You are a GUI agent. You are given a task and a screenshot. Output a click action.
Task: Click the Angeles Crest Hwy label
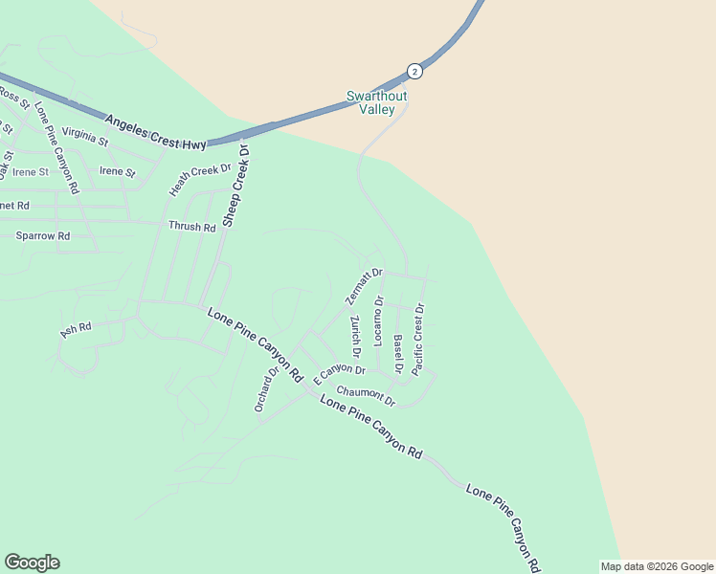(155, 132)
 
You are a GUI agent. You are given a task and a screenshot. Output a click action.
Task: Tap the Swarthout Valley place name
(376, 103)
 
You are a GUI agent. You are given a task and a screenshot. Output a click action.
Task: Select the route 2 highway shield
(414, 71)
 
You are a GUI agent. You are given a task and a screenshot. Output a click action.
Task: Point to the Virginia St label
(85, 137)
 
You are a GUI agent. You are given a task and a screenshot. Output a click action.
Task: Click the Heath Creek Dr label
(201, 180)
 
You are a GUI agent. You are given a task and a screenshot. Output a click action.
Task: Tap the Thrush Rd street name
(192, 227)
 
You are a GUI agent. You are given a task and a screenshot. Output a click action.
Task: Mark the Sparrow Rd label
(43, 235)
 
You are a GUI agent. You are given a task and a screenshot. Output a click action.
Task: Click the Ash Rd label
(76, 330)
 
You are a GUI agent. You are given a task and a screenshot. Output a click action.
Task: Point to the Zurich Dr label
(355, 332)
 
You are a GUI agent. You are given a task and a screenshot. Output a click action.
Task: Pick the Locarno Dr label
(379, 320)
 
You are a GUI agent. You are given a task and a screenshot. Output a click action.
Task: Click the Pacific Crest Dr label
(418, 339)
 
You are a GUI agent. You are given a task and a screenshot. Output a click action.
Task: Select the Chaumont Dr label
(366, 395)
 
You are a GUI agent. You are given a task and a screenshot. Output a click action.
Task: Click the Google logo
(32, 563)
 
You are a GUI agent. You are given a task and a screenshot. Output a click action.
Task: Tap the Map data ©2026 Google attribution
(657, 566)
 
